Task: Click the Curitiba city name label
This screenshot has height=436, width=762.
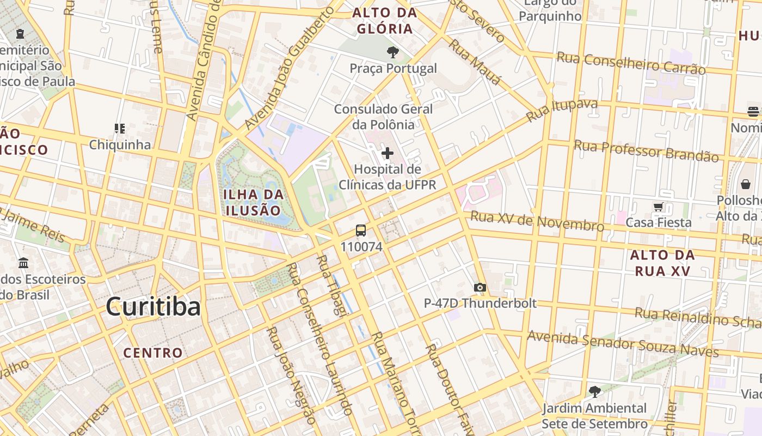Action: coord(153,307)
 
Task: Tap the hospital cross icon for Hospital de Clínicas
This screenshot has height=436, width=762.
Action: coord(388,153)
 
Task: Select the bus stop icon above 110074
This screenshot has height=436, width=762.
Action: coord(361,231)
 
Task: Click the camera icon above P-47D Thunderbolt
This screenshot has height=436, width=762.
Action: coord(480,287)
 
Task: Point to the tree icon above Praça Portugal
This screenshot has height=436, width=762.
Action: coord(392,52)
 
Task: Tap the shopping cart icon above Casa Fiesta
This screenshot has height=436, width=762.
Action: coord(658,207)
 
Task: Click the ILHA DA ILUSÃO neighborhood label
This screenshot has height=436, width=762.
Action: coord(254,202)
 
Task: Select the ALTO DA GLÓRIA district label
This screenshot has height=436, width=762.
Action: coord(384,21)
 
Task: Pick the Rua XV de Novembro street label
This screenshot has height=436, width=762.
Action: coord(537,221)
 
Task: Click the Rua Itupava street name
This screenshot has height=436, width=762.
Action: coord(562,110)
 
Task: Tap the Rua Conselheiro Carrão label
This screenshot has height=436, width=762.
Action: coord(631,63)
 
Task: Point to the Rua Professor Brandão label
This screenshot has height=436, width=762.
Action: coord(646,151)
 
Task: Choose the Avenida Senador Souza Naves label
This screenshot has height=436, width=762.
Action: coord(623,343)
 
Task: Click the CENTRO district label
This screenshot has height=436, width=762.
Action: coord(153,353)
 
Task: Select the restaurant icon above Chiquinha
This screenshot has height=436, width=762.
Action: coord(120,129)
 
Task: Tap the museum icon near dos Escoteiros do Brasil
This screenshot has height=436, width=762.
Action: coord(23,263)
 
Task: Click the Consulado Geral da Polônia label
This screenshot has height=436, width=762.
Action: coord(383,117)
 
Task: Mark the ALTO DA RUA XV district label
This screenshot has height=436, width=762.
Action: coord(662,263)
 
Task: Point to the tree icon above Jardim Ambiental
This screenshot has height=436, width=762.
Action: coord(594,391)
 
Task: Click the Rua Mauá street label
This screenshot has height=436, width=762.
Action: coord(474,62)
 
